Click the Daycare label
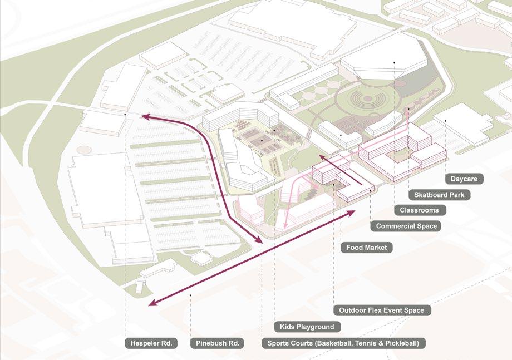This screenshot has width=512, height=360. (464, 179)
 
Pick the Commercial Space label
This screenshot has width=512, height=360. (406, 226)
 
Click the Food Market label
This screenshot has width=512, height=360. (366, 248)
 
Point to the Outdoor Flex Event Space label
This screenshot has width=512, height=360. (382, 310)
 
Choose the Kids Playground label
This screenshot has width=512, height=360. (307, 327)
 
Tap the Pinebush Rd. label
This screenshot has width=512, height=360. (218, 343)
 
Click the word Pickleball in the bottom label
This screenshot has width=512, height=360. (397, 343)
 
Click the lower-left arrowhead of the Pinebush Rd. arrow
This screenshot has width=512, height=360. (152, 304)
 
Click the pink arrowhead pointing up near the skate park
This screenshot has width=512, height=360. (408, 111)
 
